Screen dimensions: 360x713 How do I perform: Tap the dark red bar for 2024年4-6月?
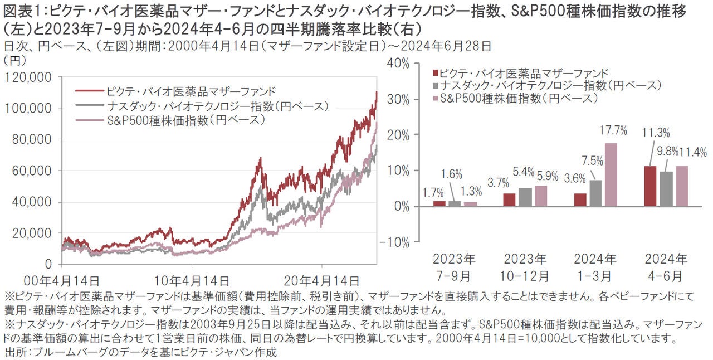tap(650, 186)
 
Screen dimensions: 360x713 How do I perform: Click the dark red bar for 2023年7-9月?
tap(439, 203)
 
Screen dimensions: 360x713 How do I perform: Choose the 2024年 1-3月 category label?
tap(595, 267)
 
